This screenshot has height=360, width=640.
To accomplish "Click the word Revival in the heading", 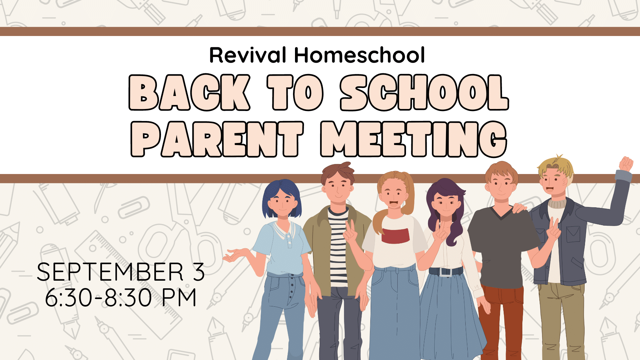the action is point(248,55).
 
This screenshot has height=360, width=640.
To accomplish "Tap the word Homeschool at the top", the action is point(360,55).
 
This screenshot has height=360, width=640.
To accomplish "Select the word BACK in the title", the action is point(189,92).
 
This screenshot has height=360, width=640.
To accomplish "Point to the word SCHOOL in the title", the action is point(424,92).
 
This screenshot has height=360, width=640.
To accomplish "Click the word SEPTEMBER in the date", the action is point(110,272).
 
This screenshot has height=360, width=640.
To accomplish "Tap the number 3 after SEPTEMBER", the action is point(198,272).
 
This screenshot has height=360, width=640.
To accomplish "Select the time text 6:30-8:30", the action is point(99,297).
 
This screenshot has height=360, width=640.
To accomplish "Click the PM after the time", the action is point(179,297).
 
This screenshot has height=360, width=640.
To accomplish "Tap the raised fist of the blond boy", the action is point(626,164).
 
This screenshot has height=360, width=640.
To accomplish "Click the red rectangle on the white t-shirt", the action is point(395,235).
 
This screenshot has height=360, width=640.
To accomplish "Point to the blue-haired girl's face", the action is point(282,203).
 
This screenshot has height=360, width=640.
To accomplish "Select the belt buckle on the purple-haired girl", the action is point(446,272).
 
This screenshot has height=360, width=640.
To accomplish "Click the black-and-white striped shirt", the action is point(338,247).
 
